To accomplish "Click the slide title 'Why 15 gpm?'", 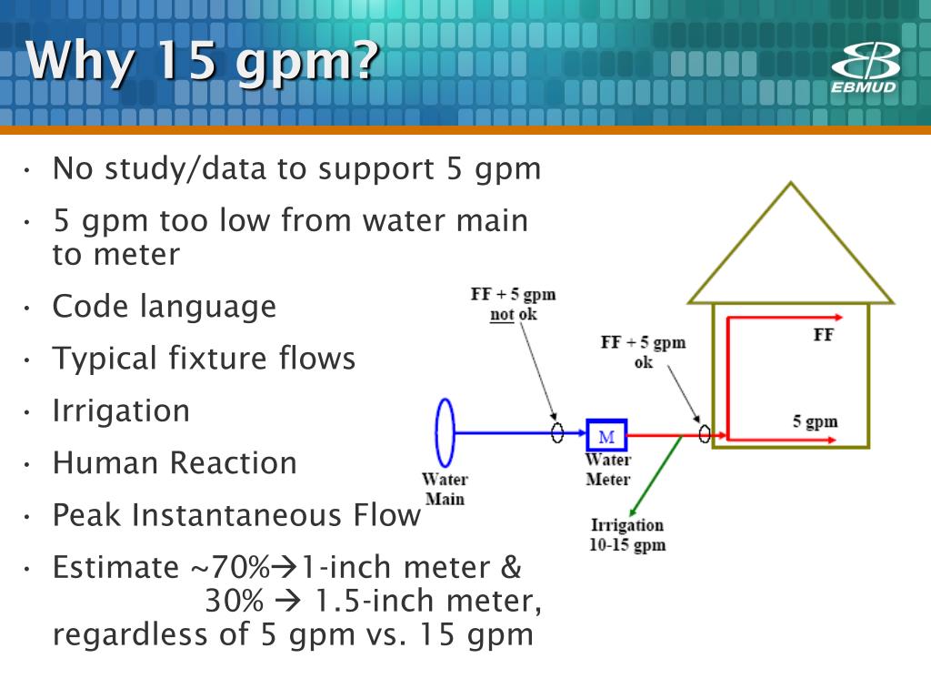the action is (x=203, y=61).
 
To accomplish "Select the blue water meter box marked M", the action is (x=606, y=436).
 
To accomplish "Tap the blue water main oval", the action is (x=436, y=432).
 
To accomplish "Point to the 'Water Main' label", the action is (x=445, y=489).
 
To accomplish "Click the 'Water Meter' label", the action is (x=608, y=469).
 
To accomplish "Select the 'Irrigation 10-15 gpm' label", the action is (x=627, y=534).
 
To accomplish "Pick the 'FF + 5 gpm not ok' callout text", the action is (x=513, y=304).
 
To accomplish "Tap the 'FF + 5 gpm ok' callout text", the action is (x=643, y=352).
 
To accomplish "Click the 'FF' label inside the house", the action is (x=824, y=335).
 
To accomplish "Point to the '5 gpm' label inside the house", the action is (x=815, y=421).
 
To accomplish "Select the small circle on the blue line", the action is (x=557, y=432).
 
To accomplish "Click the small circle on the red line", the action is (x=705, y=433).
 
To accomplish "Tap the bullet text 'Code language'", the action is (x=165, y=307).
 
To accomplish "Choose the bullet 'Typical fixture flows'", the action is (x=204, y=359).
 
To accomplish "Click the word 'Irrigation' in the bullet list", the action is (x=121, y=410).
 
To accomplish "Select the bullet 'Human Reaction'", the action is (x=175, y=463).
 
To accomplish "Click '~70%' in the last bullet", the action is (x=230, y=567).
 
